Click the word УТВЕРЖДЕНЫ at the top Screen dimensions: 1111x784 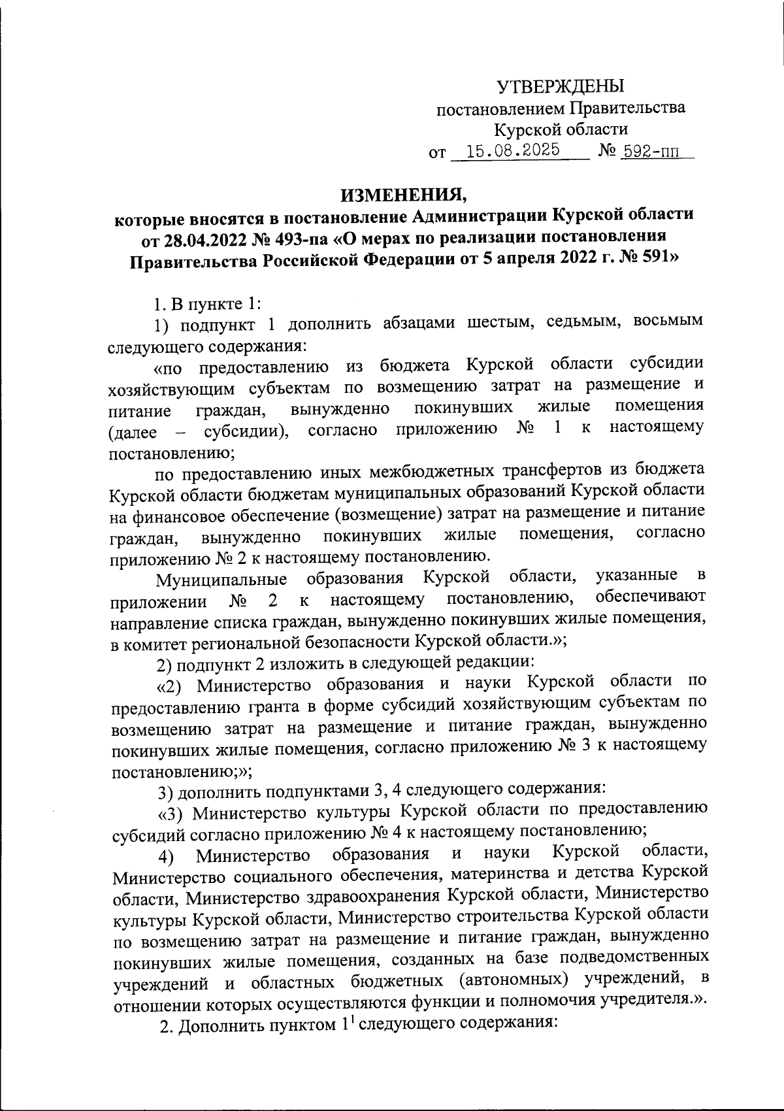click(560, 86)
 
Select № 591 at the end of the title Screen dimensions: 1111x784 click(645, 261)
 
